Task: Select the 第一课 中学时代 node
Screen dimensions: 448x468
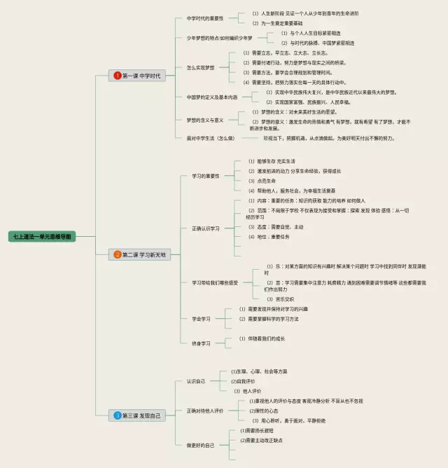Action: (x=137, y=75)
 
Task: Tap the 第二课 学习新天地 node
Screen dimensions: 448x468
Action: (x=141, y=255)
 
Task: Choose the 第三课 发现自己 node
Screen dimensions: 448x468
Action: (x=138, y=415)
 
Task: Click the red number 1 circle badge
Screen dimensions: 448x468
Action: (x=118, y=75)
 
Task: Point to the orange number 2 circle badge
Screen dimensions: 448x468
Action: (x=118, y=255)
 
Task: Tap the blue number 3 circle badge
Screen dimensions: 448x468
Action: (x=118, y=415)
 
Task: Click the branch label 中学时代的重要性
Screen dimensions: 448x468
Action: (x=205, y=18)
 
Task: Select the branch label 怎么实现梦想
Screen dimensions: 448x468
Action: (x=200, y=67)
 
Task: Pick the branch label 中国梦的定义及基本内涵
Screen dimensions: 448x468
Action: (x=212, y=97)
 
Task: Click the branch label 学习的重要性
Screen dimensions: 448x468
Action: (x=206, y=176)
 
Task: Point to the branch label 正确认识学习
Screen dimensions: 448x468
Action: (x=206, y=228)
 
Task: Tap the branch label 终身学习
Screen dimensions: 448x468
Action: (x=201, y=343)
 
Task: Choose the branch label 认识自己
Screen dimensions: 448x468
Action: (x=196, y=381)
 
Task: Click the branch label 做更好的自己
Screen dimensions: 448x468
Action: (x=201, y=445)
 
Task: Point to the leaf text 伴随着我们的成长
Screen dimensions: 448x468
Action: (x=265, y=338)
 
